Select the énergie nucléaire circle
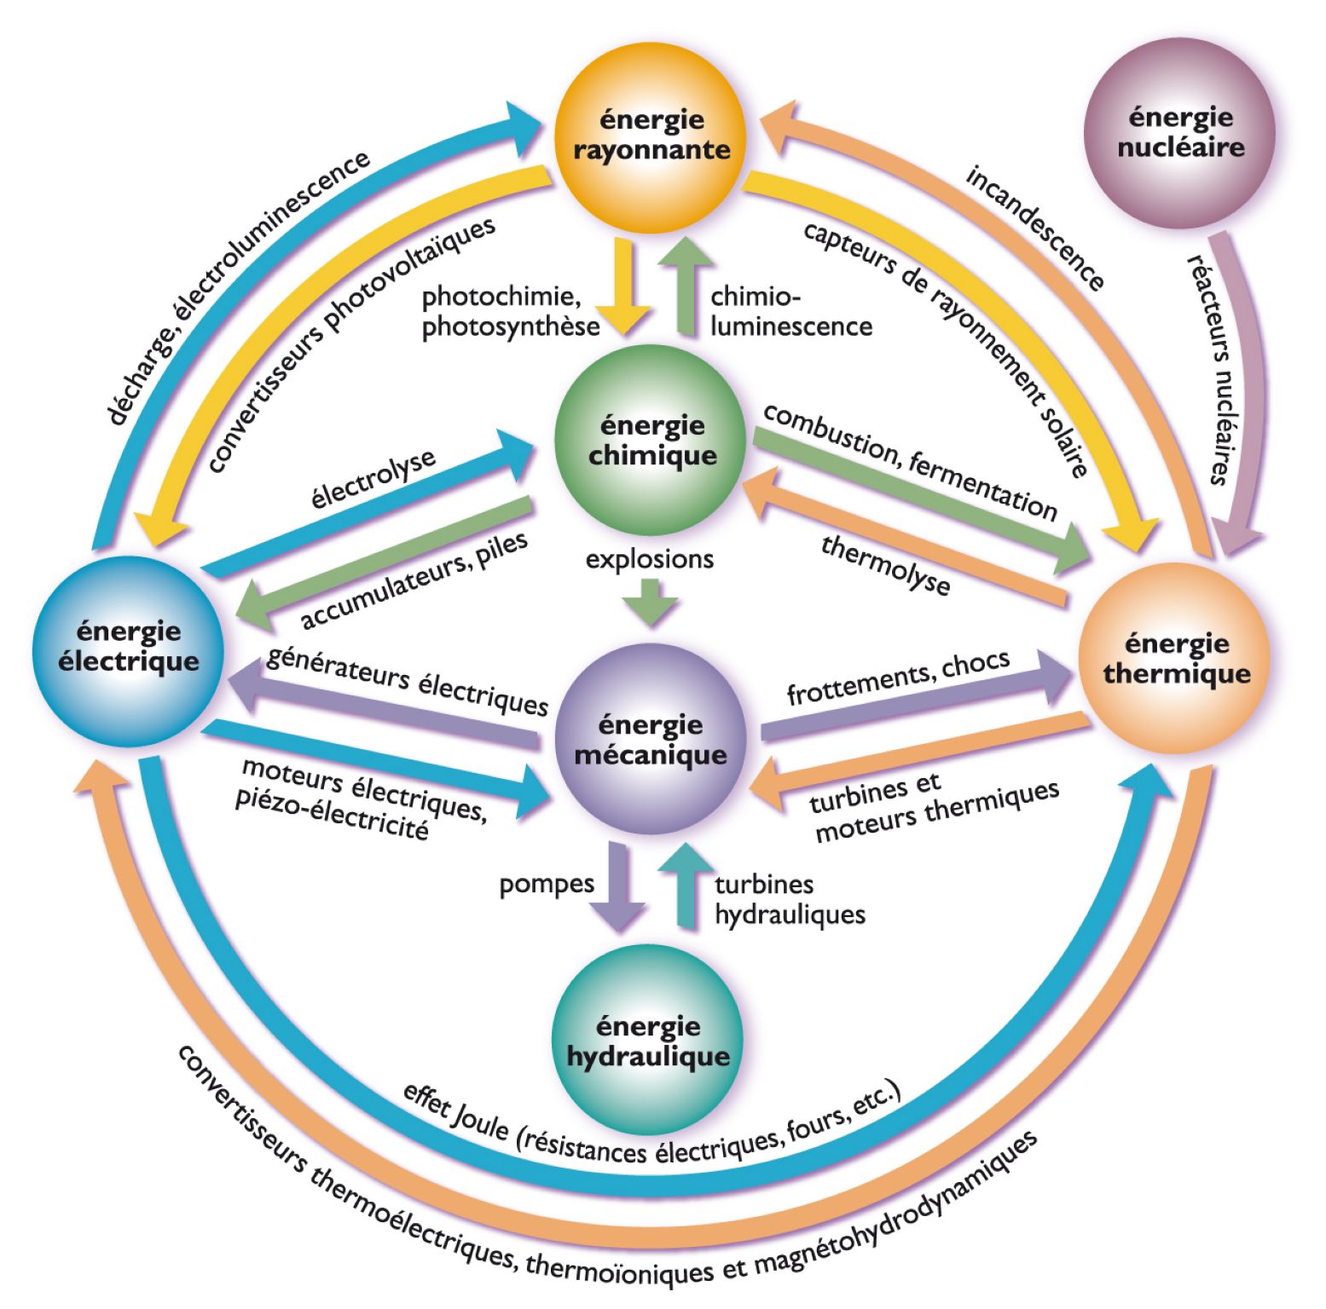point(1179,133)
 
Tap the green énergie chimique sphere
point(651,441)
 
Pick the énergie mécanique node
point(651,739)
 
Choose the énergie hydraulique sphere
point(648,1041)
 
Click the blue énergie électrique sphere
point(129,649)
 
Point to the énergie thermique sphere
point(1176,659)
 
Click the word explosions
point(649,559)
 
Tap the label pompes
point(547,884)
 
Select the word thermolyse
point(885,565)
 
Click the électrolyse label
point(373,479)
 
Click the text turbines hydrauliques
point(789,900)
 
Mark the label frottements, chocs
point(898,678)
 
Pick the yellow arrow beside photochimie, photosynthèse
point(622,285)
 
